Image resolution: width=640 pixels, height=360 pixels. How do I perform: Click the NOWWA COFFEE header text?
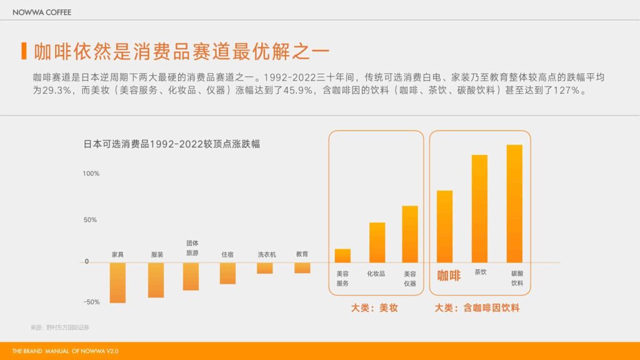click(x=42, y=12)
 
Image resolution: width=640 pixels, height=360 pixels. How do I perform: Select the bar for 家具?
click(x=117, y=282)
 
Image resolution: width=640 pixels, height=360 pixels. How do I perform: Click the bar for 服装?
click(x=156, y=279)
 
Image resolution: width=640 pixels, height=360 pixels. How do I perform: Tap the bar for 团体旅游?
click(x=191, y=276)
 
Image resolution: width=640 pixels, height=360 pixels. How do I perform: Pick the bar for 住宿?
click(x=227, y=273)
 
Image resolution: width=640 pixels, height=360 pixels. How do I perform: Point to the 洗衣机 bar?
click(x=265, y=267)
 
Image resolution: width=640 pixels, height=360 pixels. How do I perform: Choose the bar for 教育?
click(x=302, y=267)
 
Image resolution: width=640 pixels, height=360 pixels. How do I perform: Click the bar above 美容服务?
click(x=342, y=256)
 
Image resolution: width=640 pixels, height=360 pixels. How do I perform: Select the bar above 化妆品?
click(x=377, y=242)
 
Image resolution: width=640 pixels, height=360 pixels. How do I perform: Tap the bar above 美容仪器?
click(x=410, y=234)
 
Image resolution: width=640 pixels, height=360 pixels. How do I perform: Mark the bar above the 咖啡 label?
click(x=444, y=226)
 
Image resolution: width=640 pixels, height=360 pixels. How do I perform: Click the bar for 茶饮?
click(x=479, y=209)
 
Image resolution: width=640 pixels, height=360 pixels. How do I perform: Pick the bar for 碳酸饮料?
click(x=514, y=204)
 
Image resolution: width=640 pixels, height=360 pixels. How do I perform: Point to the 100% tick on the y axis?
click(x=91, y=173)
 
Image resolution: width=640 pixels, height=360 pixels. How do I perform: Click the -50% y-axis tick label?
click(x=91, y=302)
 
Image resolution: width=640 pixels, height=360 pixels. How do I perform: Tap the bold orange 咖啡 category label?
click(x=448, y=275)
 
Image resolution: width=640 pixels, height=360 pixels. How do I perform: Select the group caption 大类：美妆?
click(x=374, y=308)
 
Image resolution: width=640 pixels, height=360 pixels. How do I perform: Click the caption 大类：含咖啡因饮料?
click(x=477, y=308)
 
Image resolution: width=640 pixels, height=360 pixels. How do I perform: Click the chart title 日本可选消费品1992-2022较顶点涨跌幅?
click(x=172, y=144)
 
